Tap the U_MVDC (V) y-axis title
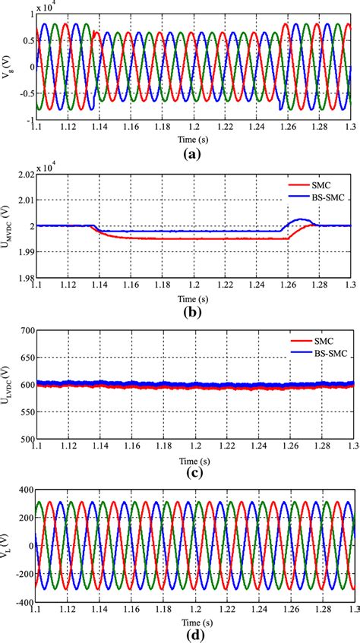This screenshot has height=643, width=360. point(8,226)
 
